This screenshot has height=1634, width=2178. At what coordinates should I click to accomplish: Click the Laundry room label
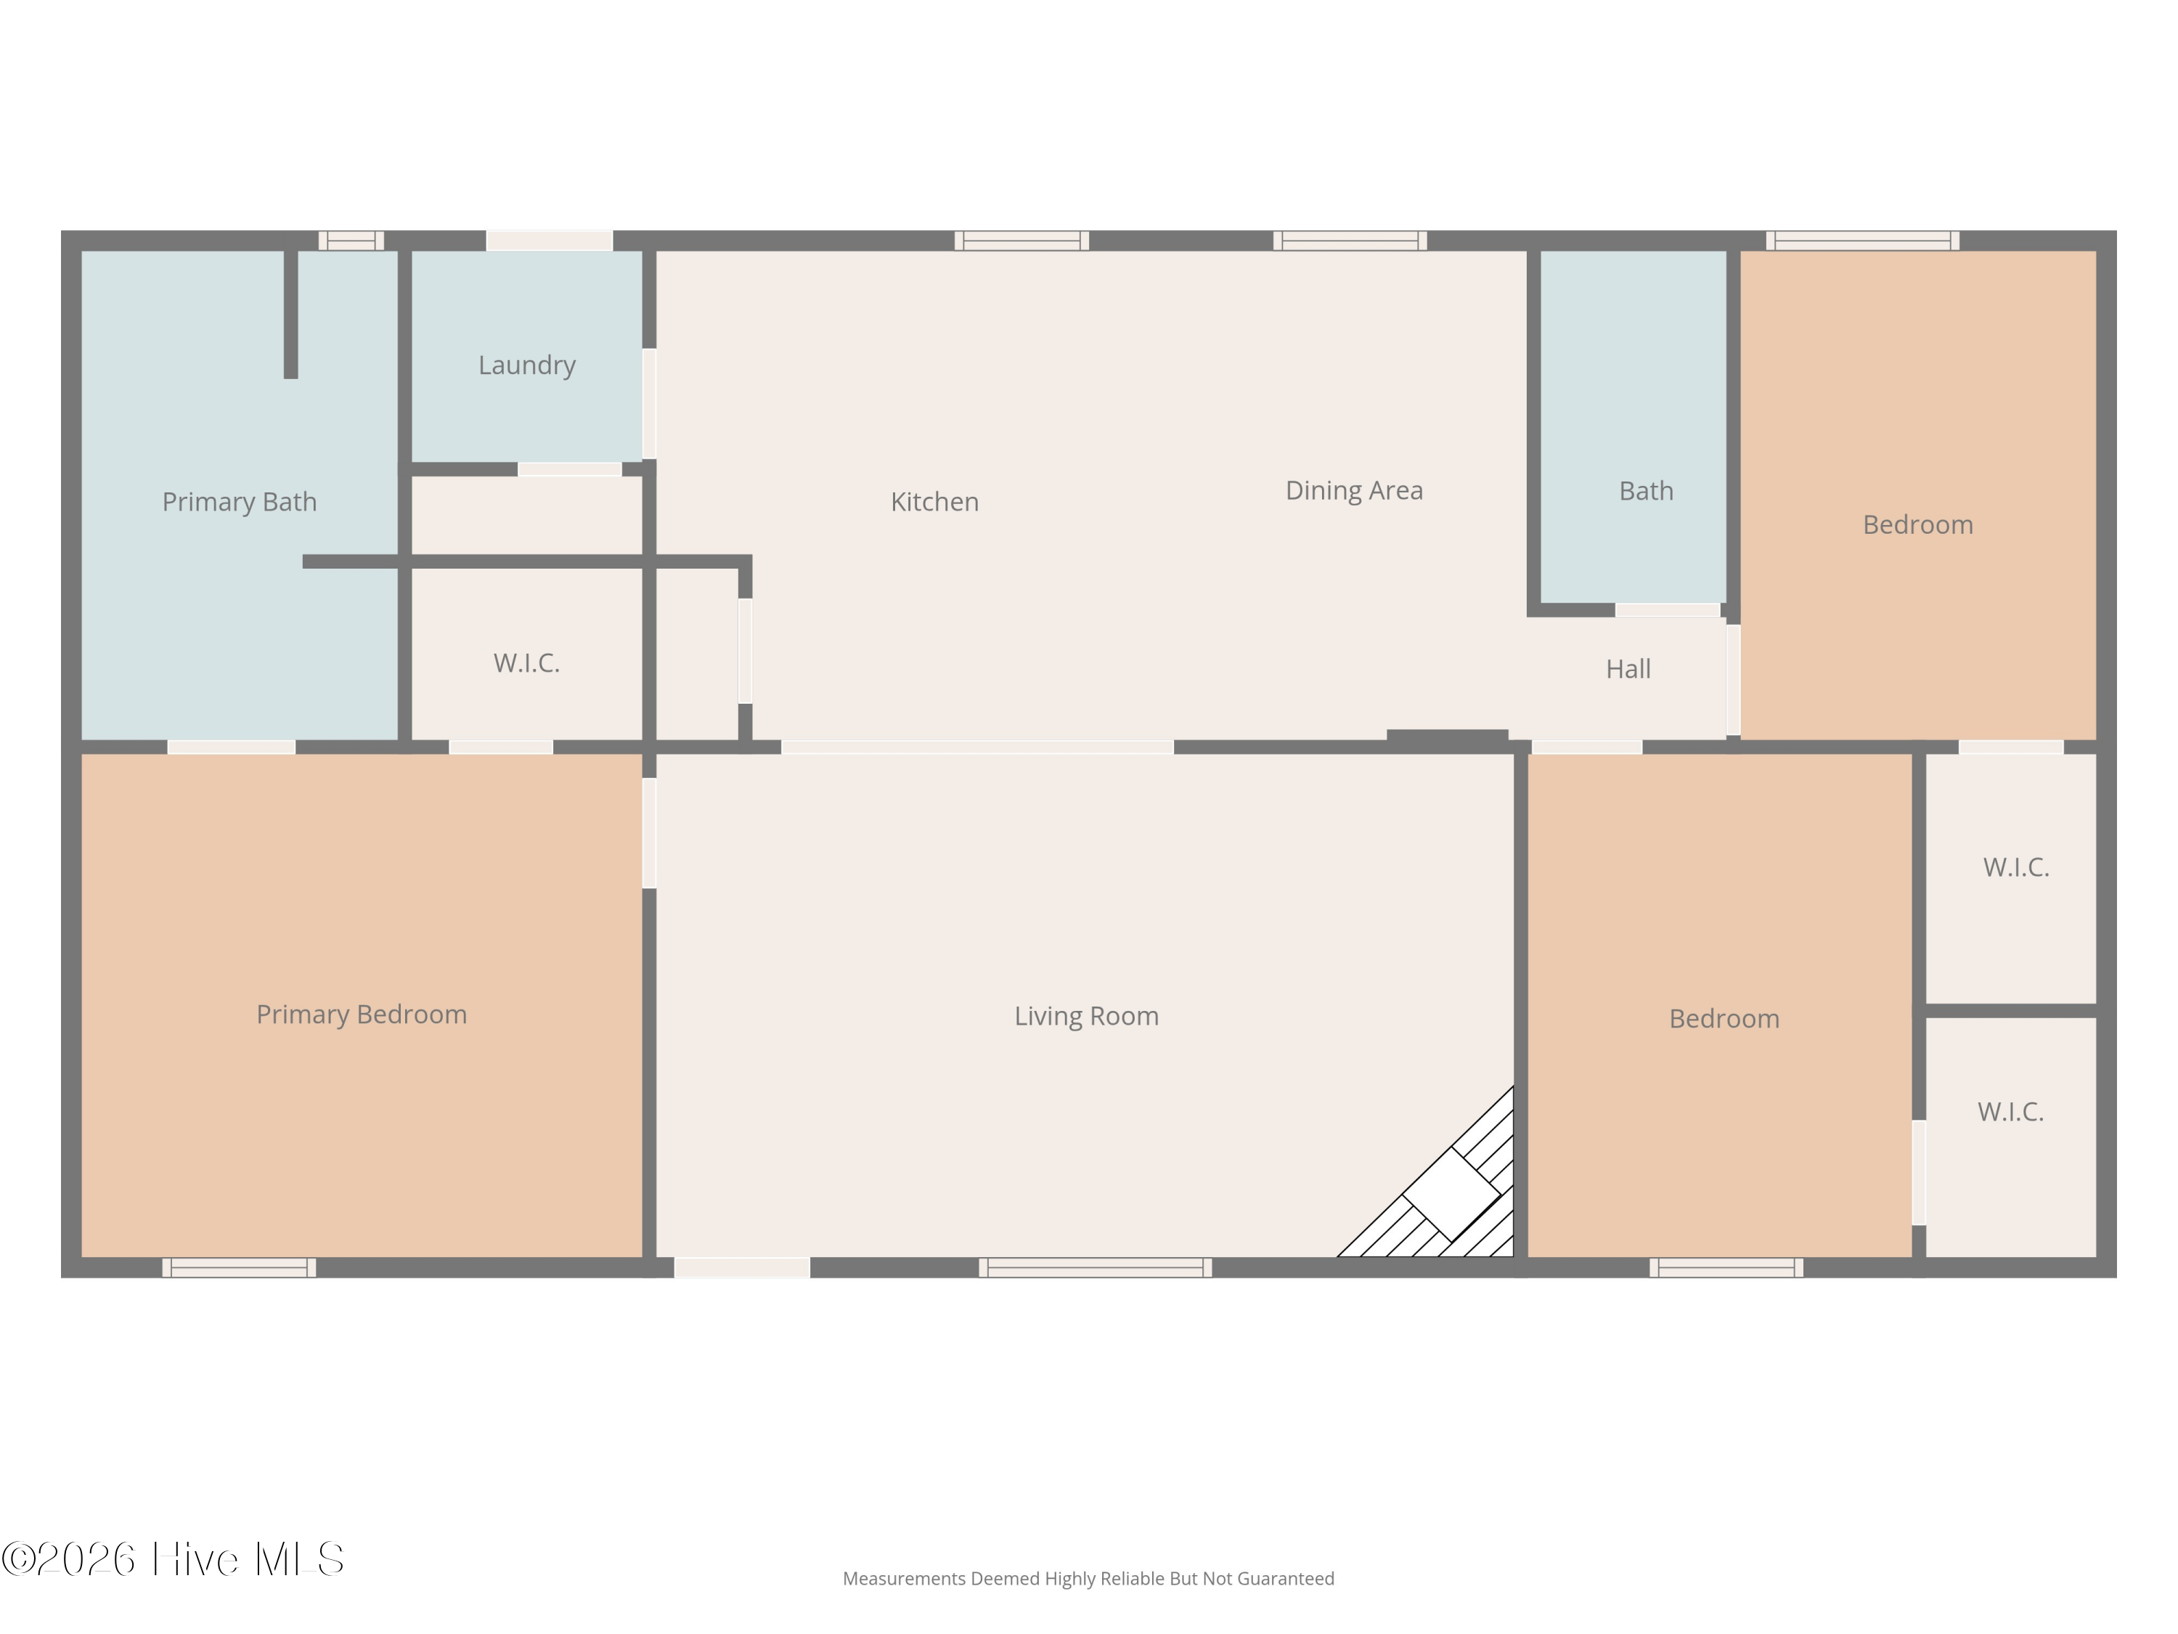(x=527, y=365)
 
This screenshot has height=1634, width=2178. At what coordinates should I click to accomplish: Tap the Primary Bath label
(x=240, y=503)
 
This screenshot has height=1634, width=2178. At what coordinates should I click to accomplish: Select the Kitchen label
(x=934, y=503)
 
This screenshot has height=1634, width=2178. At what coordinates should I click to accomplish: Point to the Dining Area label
(x=1354, y=490)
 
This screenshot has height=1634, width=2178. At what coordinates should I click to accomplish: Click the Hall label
(x=1628, y=670)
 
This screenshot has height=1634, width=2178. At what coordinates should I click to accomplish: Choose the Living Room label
(x=1086, y=1017)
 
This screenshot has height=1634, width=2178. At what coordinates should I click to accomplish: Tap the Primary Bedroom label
(x=362, y=1015)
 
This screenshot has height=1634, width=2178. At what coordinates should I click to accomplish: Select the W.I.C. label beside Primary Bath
(x=527, y=664)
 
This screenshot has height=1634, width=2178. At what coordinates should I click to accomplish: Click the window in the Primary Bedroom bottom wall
(x=240, y=1267)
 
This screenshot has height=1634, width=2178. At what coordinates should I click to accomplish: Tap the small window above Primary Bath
(x=351, y=240)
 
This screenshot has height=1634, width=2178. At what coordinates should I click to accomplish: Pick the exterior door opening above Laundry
(x=550, y=240)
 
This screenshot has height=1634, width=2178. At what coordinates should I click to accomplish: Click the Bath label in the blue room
(x=1645, y=492)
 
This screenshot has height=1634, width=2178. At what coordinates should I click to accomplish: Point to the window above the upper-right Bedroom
(x=1862, y=240)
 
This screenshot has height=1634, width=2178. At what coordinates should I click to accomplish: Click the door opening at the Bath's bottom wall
(x=1667, y=611)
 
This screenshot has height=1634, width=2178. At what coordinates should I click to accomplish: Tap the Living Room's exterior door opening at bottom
(x=741, y=1267)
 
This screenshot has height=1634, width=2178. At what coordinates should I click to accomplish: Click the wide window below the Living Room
(x=1095, y=1267)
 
